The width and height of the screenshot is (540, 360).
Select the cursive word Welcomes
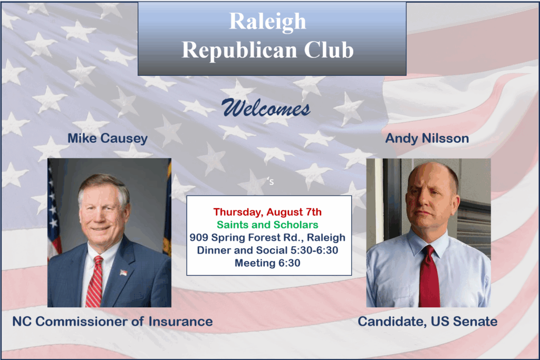pos(266,108)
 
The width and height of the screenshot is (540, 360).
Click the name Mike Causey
pos(108,138)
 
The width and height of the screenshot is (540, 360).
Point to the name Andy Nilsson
pos(427,138)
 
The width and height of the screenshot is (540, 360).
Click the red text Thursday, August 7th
pos(267,212)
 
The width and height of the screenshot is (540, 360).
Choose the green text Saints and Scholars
pos(267,225)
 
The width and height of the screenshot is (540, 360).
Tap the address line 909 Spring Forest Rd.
pos(246,238)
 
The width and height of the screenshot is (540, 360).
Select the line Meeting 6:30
pos(267,263)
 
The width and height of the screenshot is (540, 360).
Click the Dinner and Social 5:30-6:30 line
pos(267,250)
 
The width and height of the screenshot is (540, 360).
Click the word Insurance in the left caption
pos(180,322)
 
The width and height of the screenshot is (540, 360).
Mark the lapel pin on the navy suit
pos(123,273)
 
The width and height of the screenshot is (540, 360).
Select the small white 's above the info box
pos(271,181)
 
